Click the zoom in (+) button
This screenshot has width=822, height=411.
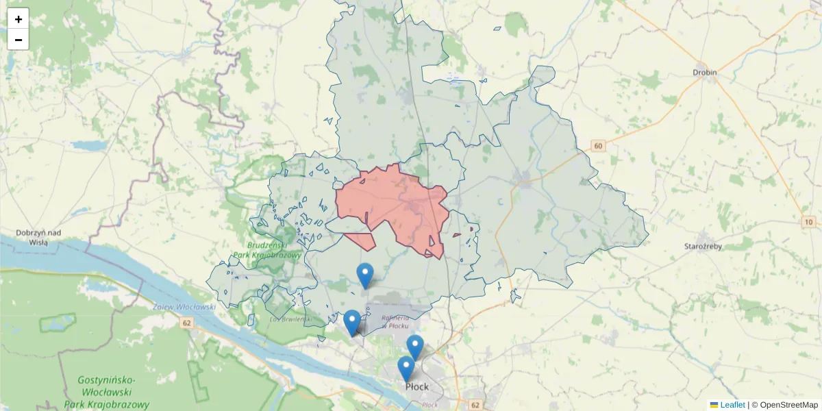(x=18, y=19)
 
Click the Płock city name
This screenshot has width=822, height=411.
(x=417, y=387)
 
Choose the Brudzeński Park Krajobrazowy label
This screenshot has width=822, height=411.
(x=267, y=249)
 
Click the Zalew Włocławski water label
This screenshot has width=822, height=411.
(x=185, y=307)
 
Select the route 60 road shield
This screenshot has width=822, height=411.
(x=599, y=145)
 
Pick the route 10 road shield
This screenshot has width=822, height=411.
(x=809, y=222)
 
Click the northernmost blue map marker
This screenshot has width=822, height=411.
(x=365, y=276)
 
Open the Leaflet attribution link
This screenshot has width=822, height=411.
(x=732, y=405)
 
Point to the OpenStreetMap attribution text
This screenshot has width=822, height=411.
(x=788, y=405)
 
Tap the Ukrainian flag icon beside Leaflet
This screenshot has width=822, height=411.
(x=714, y=405)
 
